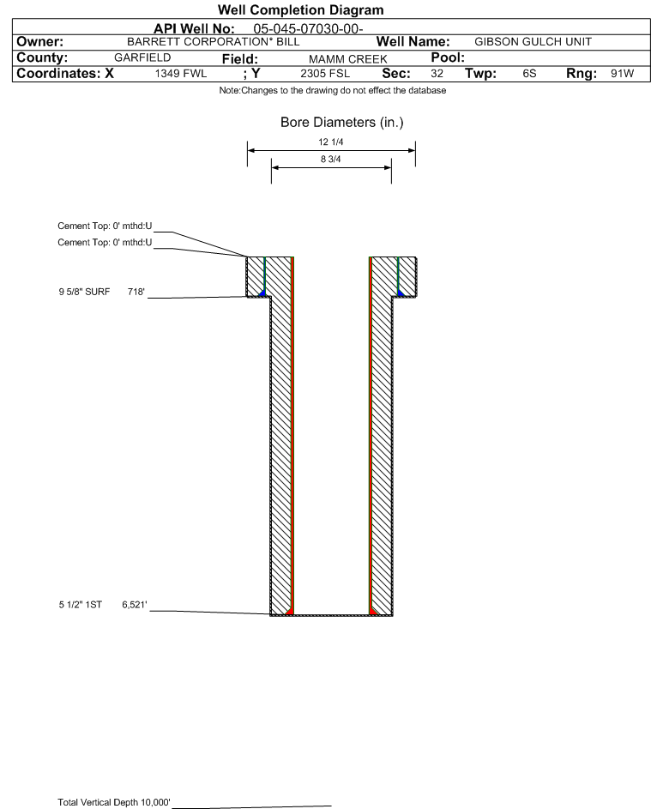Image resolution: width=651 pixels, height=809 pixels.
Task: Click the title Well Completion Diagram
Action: pyautogui.click(x=301, y=9)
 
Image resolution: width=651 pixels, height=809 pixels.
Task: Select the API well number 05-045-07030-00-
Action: pyautogui.click(x=308, y=29)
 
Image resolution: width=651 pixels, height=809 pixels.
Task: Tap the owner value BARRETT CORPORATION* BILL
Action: pyautogui.click(x=213, y=42)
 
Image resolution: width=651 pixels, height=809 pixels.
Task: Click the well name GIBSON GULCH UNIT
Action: pyautogui.click(x=533, y=42)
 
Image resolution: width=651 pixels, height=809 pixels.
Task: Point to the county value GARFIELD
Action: pyautogui.click(x=142, y=57)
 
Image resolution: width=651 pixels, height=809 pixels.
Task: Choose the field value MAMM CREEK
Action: pyautogui.click(x=347, y=59)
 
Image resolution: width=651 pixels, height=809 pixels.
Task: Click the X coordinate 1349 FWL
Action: pyautogui.click(x=180, y=74)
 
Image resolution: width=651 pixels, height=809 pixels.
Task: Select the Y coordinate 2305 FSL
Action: pyautogui.click(x=325, y=74)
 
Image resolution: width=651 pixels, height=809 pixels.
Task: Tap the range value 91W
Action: pyautogui.click(x=622, y=73)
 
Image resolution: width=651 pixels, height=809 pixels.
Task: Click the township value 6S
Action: pyautogui.click(x=529, y=73)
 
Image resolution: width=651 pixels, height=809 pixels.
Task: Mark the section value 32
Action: pyautogui.click(x=437, y=73)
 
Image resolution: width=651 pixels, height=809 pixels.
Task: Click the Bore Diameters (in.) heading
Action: pyautogui.click(x=341, y=123)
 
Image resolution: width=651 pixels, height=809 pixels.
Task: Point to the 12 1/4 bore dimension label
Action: pyautogui.click(x=331, y=142)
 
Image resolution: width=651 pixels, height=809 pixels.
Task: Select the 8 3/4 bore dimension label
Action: pyautogui.click(x=331, y=159)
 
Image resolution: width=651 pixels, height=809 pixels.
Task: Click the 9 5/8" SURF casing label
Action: pyautogui.click(x=84, y=292)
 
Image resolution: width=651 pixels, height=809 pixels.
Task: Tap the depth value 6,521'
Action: pyautogui.click(x=135, y=605)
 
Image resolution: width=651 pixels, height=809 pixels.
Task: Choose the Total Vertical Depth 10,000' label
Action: pyautogui.click(x=114, y=802)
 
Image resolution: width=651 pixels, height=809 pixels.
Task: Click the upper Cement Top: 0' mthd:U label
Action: pyautogui.click(x=105, y=226)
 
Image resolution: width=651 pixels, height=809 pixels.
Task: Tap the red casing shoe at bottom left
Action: pyautogui.click(x=289, y=610)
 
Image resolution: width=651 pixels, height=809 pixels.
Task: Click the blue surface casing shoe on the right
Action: pyautogui.click(x=401, y=293)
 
